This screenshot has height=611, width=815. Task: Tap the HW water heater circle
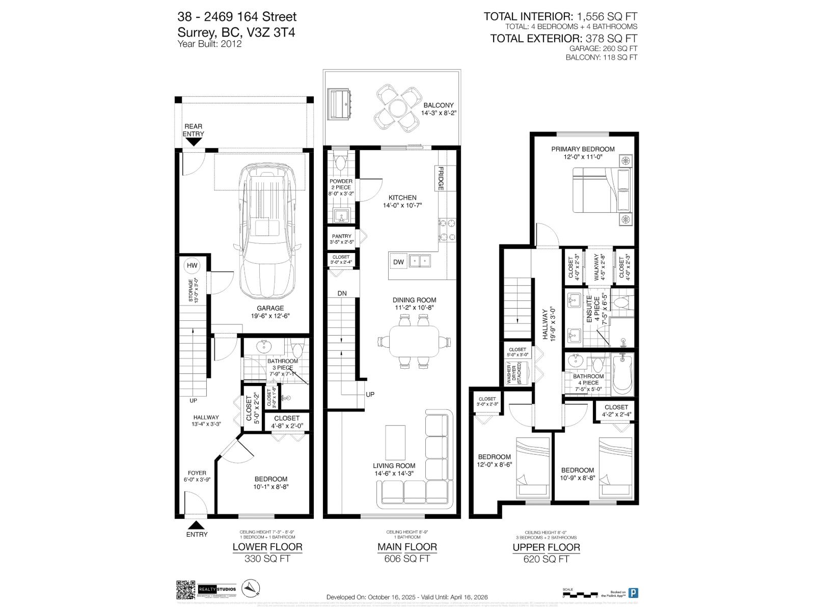pyautogui.click(x=192, y=266)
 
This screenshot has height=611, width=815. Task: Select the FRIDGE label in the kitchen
pyautogui.click(x=440, y=178)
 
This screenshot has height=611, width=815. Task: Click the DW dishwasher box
pyautogui.click(x=398, y=262)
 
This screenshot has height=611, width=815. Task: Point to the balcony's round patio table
pyautogui.click(x=398, y=107)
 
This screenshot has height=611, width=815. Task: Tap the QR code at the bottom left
pyautogui.click(x=186, y=590)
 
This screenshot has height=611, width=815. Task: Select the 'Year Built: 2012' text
pyautogui.click(x=209, y=44)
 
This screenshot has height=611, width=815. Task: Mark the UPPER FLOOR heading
pyautogui.click(x=546, y=547)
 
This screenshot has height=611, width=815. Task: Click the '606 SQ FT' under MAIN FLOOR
pyautogui.click(x=406, y=559)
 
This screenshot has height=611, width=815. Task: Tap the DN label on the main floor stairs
pyautogui.click(x=342, y=293)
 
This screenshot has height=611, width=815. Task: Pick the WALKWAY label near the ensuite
pyautogui.click(x=599, y=268)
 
